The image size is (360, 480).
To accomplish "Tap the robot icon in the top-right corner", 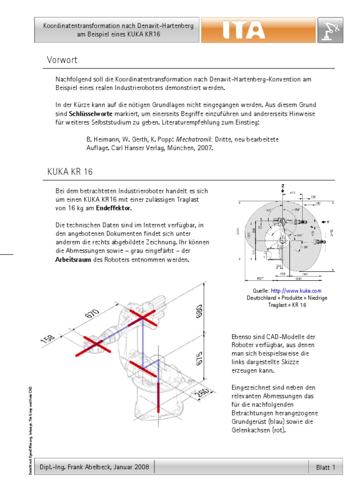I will point(330,30).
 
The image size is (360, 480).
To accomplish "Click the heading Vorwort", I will point(62,60).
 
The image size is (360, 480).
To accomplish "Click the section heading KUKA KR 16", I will point(70,172).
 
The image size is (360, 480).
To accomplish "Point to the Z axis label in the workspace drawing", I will point(283,186).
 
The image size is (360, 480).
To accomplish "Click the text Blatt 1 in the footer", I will point(326,467).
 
